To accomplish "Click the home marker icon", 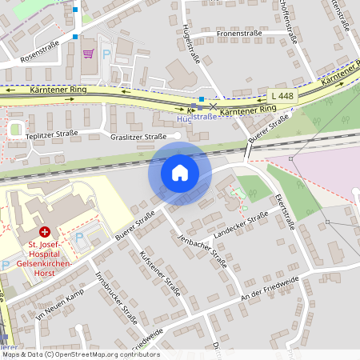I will click(x=180, y=173).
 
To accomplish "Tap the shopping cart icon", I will click(x=88, y=54).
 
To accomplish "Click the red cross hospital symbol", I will click(x=45, y=230).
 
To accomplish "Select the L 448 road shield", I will click(x=282, y=96).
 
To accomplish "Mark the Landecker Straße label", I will click(x=241, y=227).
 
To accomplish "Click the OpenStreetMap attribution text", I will click(x=80, y=354).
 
